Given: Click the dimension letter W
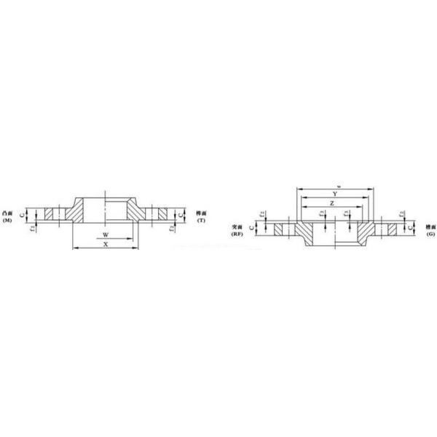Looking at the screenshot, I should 106,235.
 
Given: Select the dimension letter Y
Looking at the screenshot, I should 334,193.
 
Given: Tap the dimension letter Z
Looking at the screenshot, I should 332,204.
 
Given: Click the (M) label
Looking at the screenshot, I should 7,219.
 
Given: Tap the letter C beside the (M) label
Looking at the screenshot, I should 23,214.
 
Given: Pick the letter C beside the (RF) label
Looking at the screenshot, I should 252,228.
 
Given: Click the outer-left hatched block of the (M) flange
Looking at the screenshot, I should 50,214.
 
